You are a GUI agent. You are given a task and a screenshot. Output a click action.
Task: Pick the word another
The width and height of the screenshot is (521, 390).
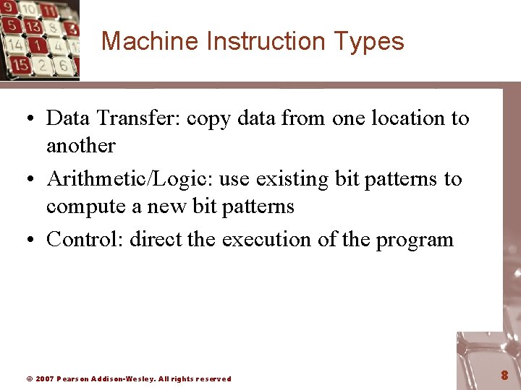80,145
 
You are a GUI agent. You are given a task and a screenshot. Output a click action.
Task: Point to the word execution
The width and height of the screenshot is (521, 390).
272,239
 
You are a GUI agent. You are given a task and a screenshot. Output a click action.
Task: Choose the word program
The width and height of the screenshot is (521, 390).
415,240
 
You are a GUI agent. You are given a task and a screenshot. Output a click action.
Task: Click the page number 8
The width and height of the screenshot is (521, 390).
504,376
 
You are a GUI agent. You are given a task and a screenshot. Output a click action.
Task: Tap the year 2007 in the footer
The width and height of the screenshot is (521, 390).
44,378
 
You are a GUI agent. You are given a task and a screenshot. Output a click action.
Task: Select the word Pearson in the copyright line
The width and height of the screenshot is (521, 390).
73,378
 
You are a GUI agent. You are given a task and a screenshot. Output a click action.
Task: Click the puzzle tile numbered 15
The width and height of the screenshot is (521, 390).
20,64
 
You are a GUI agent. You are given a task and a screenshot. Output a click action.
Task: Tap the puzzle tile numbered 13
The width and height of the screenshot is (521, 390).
32,27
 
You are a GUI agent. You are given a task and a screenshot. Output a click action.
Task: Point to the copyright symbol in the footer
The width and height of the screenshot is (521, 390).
29,378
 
